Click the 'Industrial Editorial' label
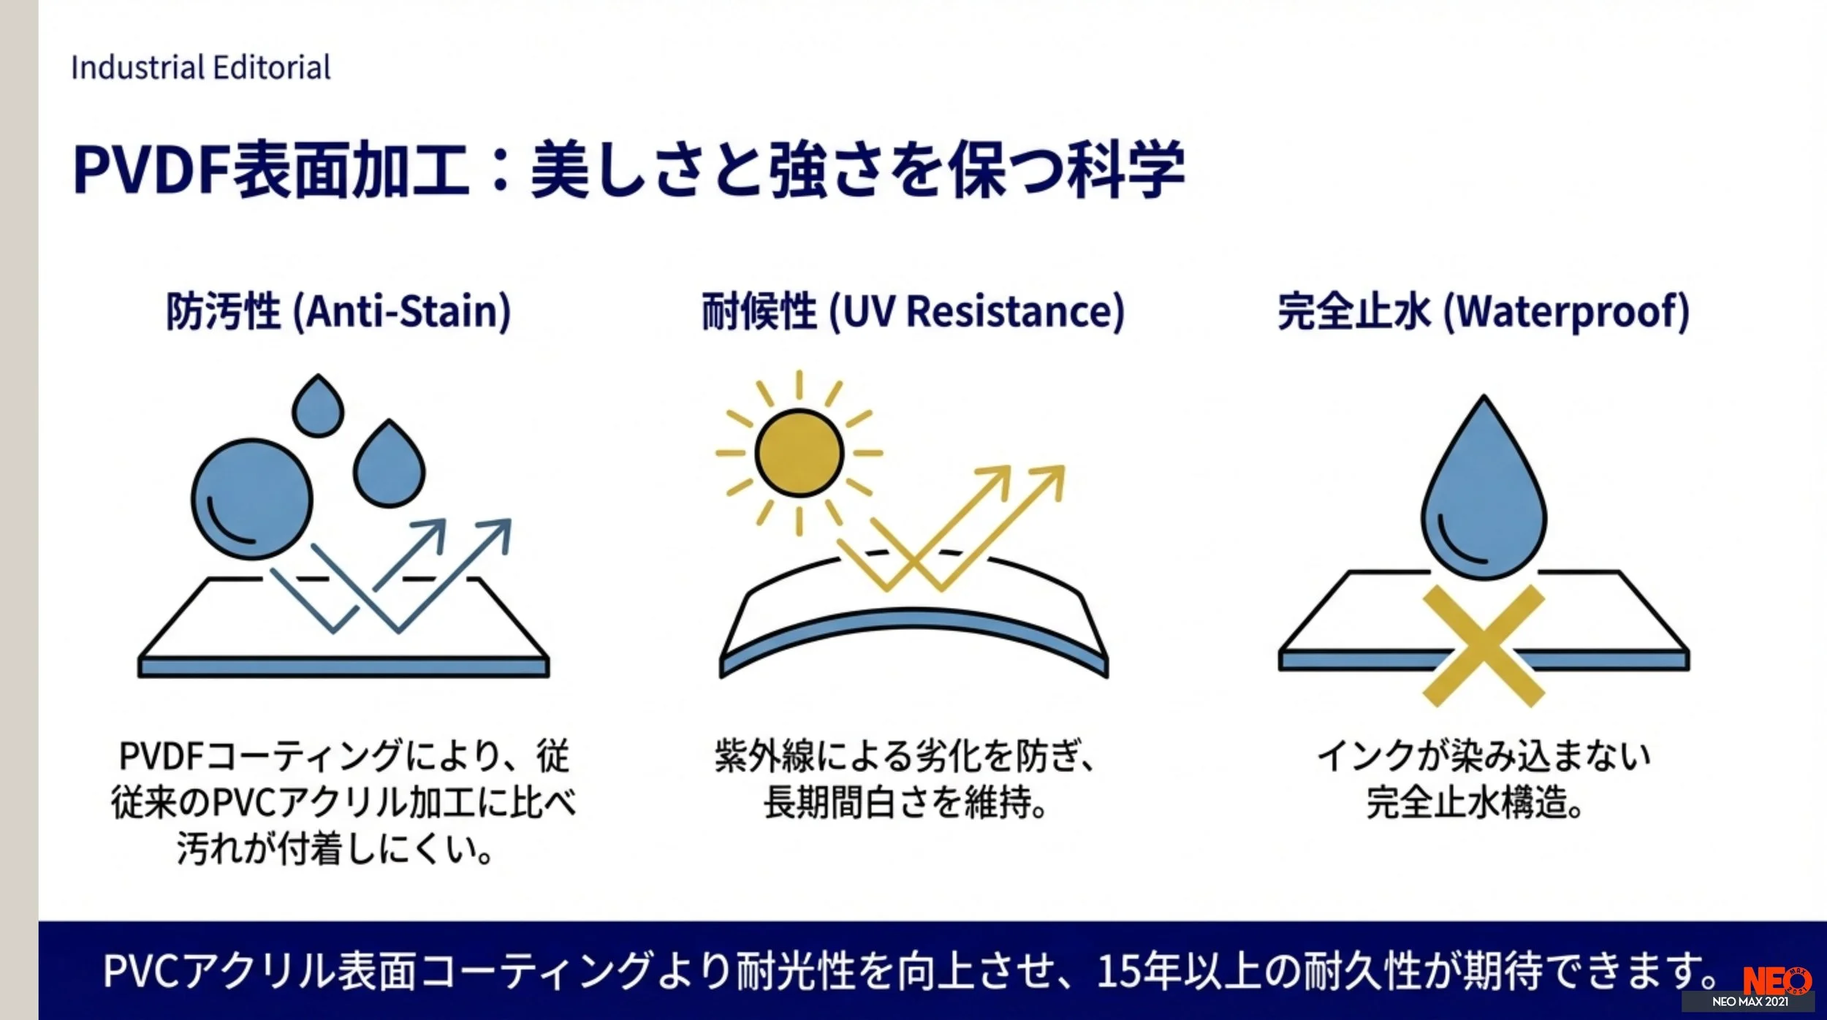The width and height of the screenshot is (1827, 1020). (200, 68)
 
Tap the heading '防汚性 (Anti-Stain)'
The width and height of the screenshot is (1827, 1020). (338, 312)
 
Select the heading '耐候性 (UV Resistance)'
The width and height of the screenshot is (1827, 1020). (913, 312)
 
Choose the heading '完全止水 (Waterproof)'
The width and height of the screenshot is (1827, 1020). (1483, 312)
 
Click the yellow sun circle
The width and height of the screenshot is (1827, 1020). (799, 453)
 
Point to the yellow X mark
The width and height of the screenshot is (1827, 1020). (1484, 646)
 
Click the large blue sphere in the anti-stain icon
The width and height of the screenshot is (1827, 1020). (252, 500)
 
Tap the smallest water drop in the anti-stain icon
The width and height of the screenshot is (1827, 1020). (318, 406)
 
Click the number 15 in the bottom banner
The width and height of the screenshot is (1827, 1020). (1116, 971)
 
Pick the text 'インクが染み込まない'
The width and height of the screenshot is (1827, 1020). (1484, 756)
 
